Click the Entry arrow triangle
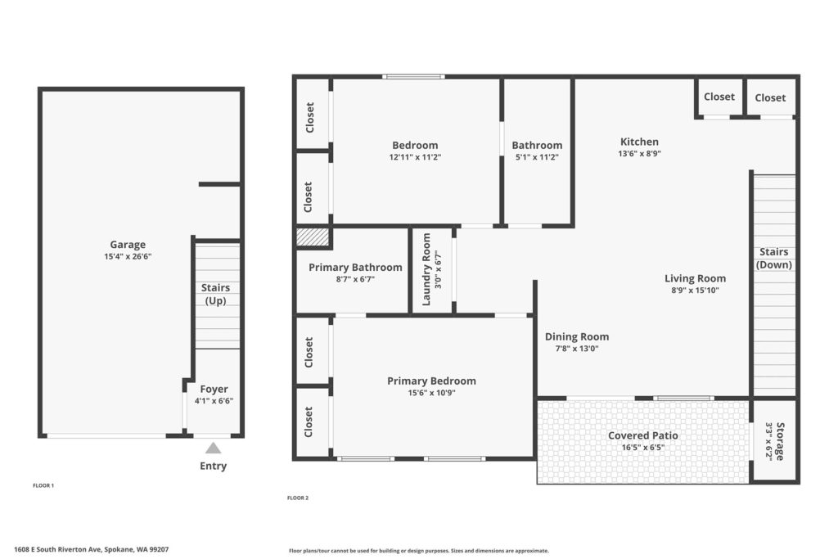tap(214, 448)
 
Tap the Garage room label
tap(128, 245)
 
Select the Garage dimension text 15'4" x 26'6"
tap(128, 256)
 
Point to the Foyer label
tap(214, 389)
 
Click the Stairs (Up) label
tap(215, 294)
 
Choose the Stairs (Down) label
tap(774, 258)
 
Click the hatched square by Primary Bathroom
tap(313, 237)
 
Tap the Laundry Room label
tap(426, 269)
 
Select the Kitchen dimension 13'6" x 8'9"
tap(639, 154)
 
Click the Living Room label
tap(695, 278)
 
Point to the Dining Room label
tap(577, 336)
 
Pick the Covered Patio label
tap(643, 435)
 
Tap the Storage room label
tap(780, 441)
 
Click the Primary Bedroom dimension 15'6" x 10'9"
tap(431, 393)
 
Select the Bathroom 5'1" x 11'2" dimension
tap(537, 157)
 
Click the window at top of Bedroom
tap(413, 77)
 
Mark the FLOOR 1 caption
tap(43, 486)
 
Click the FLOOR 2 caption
tap(298, 498)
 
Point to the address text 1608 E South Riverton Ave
tap(58, 549)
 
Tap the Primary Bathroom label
tap(355, 267)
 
